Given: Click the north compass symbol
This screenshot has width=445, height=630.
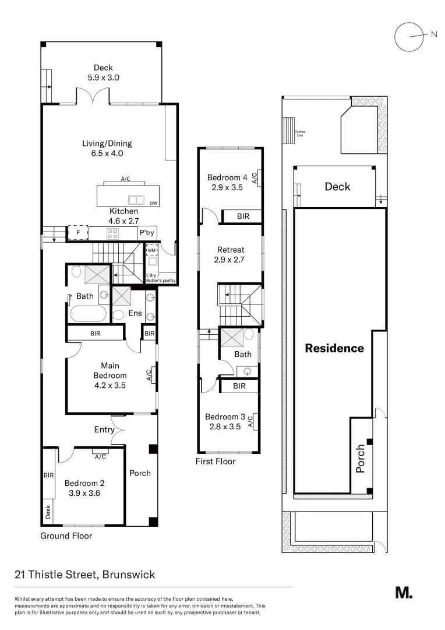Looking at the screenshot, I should (x=408, y=36).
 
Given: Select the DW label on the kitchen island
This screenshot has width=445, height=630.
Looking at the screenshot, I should (x=153, y=203).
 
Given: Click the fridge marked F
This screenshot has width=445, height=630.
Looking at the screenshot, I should (x=77, y=233).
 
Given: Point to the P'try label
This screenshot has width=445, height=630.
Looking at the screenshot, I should (x=146, y=233).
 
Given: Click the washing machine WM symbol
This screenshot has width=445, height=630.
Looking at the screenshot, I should (x=151, y=250).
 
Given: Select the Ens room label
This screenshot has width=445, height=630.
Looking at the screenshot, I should (x=135, y=313).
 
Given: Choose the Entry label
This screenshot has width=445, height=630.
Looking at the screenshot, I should (x=104, y=430).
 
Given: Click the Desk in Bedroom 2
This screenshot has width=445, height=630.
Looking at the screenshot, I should (x=48, y=512).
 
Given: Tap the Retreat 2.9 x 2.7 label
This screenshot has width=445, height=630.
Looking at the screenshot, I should (x=231, y=254).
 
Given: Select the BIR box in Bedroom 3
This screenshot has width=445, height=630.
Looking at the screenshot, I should (x=239, y=386).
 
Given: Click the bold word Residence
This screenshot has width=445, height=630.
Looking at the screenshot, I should (x=335, y=348).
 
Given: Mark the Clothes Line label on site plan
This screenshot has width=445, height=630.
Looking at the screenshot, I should (x=300, y=132).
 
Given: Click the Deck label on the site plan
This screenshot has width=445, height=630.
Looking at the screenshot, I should (x=337, y=187).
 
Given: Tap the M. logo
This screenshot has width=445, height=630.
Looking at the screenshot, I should (x=404, y=593).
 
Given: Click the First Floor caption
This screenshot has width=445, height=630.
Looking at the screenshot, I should (x=216, y=461).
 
